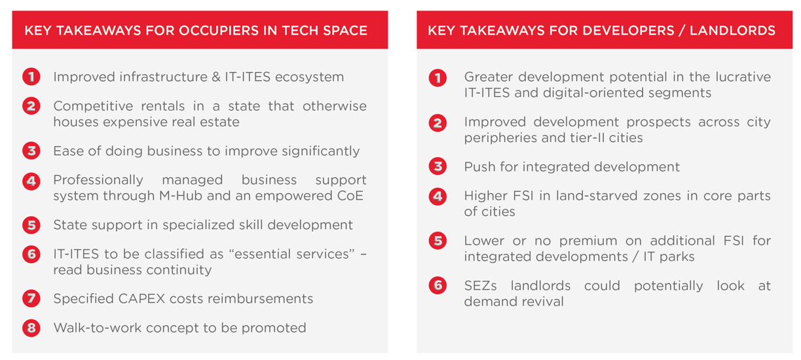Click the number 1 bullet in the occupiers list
[31, 77]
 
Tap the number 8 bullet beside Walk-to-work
[31, 328]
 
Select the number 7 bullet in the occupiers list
[31, 299]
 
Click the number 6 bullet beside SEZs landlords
[438, 286]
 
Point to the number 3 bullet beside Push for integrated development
[438, 167]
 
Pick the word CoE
[350, 196]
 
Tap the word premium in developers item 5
[589, 241]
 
